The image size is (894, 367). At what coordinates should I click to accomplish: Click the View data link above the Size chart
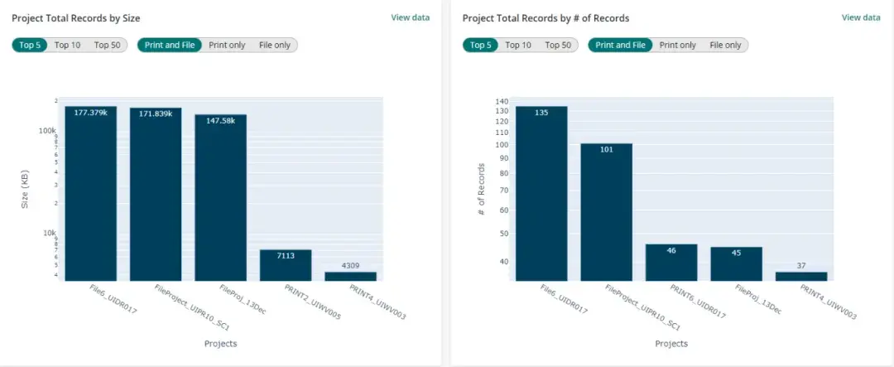[410, 17]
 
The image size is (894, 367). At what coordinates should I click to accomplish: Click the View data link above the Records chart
[861, 17]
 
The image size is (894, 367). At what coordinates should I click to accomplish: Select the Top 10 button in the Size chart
[67, 45]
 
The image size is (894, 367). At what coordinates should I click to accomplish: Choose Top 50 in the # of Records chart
[558, 45]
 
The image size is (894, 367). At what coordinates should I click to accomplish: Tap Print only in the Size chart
[227, 45]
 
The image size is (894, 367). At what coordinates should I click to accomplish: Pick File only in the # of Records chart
[725, 45]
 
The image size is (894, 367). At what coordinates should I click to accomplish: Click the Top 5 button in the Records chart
[481, 45]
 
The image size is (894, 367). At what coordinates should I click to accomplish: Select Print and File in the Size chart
[170, 45]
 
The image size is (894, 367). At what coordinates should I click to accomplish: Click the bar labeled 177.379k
[91, 195]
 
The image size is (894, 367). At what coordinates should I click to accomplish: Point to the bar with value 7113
[286, 265]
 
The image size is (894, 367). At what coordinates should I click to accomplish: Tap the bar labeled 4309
[350, 276]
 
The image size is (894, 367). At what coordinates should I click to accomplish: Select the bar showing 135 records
[541, 195]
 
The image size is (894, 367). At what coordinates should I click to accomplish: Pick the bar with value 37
[800, 276]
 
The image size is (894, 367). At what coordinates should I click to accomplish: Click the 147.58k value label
[220, 121]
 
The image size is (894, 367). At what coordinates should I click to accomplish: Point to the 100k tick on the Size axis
[46, 131]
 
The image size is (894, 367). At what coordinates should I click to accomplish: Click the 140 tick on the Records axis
[501, 102]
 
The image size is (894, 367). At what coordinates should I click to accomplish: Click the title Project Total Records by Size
[81, 17]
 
